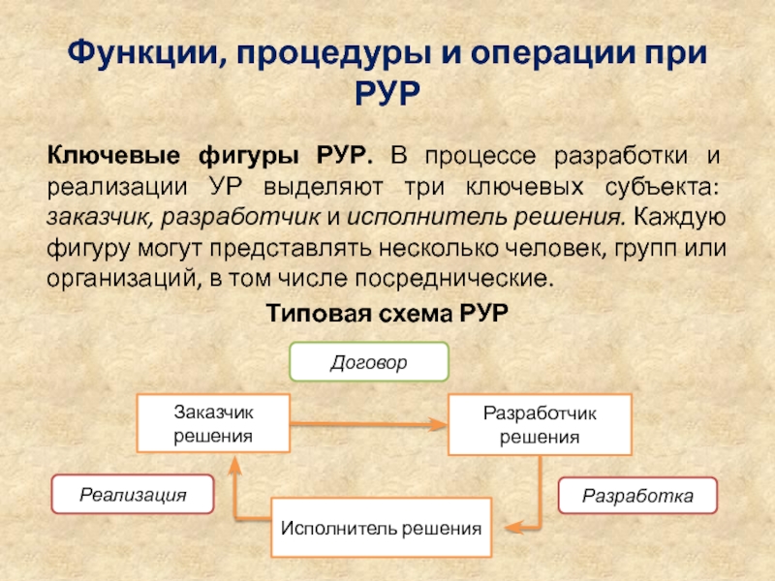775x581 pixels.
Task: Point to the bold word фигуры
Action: point(246,156)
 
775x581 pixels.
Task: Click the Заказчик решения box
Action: point(213,423)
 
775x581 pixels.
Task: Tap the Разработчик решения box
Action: point(540,424)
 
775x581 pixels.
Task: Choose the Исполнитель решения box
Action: point(382,529)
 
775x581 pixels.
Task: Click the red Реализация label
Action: point(133,495)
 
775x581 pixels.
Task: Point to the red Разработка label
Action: point(637,496)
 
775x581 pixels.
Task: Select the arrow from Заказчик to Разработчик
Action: point(368,423)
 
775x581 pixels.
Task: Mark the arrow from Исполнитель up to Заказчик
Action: point(233,494)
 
